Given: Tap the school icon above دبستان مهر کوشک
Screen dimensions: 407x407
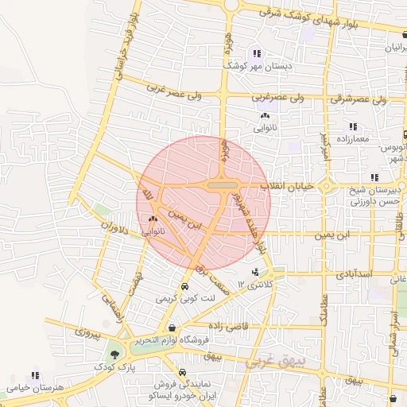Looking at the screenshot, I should [x=256, y=53].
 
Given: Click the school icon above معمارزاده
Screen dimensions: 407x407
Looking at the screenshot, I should [x=352, y=126].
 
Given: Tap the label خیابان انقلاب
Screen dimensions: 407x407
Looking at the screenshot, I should [x=290, y=185].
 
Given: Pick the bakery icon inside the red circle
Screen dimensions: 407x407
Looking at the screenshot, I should [x=153, y=219].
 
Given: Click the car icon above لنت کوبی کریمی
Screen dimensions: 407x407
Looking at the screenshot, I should [x=184, y=286].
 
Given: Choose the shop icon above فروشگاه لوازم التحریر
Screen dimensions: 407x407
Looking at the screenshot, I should [x=171, y=328].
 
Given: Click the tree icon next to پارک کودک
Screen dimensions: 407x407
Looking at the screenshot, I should [x=116, y=355].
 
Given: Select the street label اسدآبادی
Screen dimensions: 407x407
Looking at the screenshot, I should [x=354, y=273].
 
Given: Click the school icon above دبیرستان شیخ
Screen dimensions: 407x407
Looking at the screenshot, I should [x=374, y=177].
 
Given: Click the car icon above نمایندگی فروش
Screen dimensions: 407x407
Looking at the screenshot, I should [x=184, y=372].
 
